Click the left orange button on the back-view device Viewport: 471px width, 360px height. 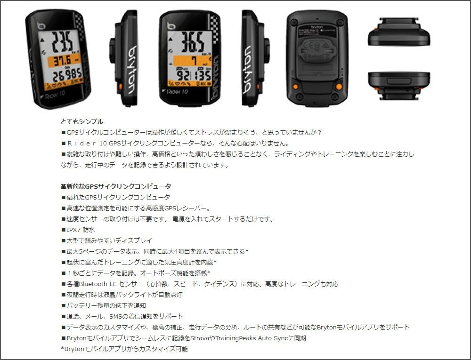point(295,86)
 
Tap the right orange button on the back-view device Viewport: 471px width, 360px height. point(338,86)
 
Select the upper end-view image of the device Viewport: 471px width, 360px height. point(398,33)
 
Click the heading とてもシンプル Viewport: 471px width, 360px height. point(82,121)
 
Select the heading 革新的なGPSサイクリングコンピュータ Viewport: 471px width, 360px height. point(116,186)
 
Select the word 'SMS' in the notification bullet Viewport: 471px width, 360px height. point(116,316)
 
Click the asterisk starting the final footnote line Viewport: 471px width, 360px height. point(63,349)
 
